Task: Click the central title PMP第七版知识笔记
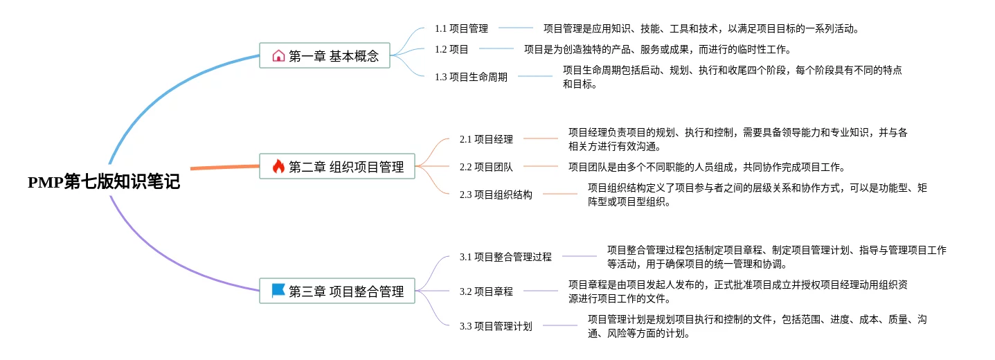pos(104,182)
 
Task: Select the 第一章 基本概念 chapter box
pos(325,56)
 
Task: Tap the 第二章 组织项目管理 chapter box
pos(337,166)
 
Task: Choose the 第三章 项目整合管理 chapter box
pos(337,291)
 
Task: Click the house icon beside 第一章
pos(278,56)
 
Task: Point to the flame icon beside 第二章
pos(278,166)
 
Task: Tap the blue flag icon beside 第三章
pos(278,291)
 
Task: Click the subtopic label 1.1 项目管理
pos(461,28)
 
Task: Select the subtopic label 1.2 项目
pos(451,49)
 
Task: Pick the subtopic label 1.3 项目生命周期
pos(471,77)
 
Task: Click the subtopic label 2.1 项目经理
pos(486,139)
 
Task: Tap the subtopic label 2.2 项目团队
pos(486,167)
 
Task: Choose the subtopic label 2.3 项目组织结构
pos(496,195)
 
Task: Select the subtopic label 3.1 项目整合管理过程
pos(505,257)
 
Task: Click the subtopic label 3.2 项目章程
pos(486,291)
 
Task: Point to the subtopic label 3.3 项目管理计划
pos(496,326)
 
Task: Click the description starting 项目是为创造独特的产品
pos(657,49)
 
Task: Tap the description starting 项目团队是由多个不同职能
pos(706,167)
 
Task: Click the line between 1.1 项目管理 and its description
pos(516,28)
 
